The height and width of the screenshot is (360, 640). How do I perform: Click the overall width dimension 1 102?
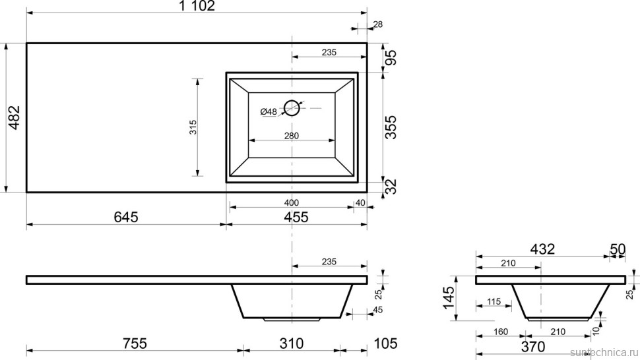click(197, 6)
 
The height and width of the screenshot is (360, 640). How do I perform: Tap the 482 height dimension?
click(15, 117)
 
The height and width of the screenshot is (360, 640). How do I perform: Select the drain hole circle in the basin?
click(292, 108)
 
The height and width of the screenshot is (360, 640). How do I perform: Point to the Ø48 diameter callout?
click(269, 111)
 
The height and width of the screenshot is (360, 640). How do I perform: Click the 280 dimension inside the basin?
click(292, 136)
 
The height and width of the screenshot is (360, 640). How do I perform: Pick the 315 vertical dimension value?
click(193, 127)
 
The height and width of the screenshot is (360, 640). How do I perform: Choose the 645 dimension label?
click(126, 217)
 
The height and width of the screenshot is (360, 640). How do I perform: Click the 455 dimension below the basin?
click(296, 217)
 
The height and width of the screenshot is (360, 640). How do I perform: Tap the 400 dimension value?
click(292, 202)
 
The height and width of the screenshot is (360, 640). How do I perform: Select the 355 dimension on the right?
click(391, 127)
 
